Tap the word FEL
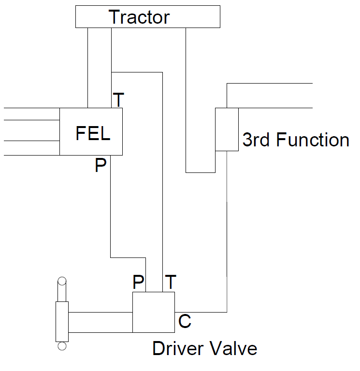[93, 133]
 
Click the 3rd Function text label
[295, 140]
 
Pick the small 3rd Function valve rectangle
[227, 129]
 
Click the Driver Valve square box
[154, 313]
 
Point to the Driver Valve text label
[204, 348]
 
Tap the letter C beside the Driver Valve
[185, 321]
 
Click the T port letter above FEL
[118, 100]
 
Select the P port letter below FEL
[101, 166]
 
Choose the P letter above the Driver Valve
[139, 283]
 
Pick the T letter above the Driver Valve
[171, 282]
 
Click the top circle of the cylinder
[62, 281]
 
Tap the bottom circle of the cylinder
[62, 345]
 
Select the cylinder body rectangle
[62, 321]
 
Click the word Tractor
[139, 17]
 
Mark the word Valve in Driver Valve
[235, 348]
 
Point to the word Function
[312, 140]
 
